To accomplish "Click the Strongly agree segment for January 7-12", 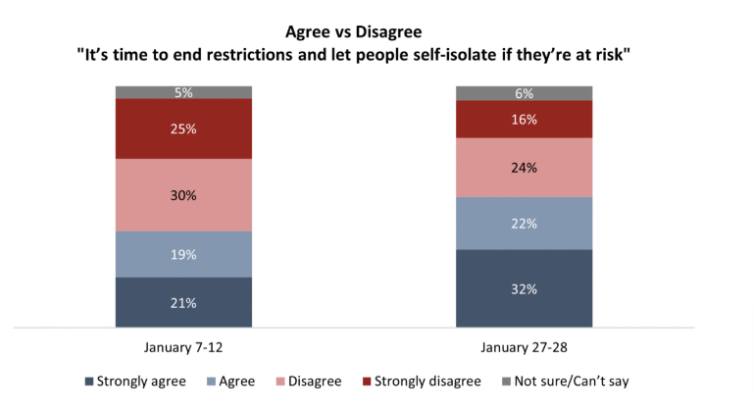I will tap(183, 302).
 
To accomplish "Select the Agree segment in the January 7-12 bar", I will tap(183, 254).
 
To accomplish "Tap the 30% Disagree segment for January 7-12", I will tap(183, 195).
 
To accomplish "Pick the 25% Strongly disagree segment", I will tap(183, 128).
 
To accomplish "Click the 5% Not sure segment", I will tap(183, 92).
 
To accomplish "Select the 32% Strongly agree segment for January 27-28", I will tap(524, 288).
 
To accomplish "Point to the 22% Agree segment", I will tap(524, 224).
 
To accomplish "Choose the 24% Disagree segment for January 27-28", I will tap(524, 168).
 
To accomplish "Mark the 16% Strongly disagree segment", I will tap(524, 119).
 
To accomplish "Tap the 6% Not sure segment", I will tap(524, 93).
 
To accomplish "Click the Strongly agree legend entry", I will tap(137, 381).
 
